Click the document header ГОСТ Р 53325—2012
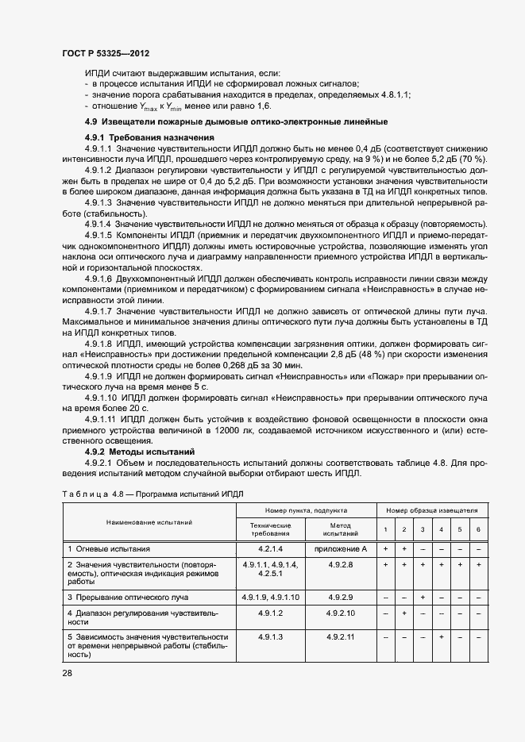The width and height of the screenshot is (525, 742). (105, 51)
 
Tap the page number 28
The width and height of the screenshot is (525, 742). (67, 673)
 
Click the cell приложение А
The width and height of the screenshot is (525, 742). (340, 548)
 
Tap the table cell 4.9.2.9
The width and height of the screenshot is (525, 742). (340, 596)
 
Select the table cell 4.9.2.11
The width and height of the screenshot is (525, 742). (340, 637)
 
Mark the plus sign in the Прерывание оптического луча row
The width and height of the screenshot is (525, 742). (423, 596)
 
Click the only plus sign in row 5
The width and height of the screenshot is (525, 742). (442, 637)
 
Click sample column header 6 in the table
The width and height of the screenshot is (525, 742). (478, 529)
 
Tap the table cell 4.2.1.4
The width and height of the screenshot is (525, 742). (271, 548)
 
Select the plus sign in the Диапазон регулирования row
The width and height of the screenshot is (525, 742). (404, 613)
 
